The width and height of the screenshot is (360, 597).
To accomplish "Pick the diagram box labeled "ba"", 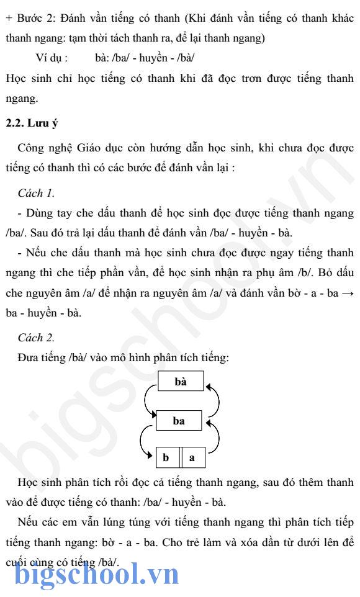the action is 179,421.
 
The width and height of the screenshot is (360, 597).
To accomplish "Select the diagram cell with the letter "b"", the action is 166,458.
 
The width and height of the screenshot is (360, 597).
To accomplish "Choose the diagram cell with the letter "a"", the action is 192,458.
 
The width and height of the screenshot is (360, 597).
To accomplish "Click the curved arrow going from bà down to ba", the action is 148,400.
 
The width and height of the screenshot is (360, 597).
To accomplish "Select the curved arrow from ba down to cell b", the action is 144,442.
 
